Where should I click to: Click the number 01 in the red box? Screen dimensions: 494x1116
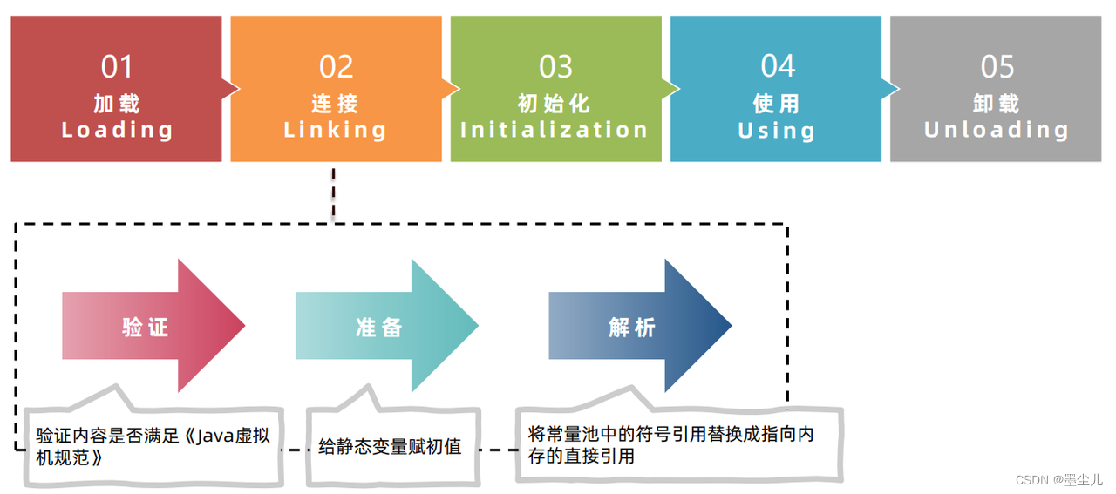point(117,67)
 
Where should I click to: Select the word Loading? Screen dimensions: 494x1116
point(117,131)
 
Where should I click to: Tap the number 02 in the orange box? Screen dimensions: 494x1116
point(336,67)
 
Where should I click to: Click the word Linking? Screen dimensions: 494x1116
point(336,131)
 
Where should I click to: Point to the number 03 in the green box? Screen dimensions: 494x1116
point(555,67)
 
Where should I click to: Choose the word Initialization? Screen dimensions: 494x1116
point(555,131)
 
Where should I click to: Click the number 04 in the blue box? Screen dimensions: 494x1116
point(777,67)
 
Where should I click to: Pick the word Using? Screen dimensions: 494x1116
point(777,131)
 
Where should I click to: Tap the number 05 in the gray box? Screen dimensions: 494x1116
point(997,67)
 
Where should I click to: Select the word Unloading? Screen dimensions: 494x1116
point(997,131)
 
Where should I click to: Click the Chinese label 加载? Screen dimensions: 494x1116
point(117,104)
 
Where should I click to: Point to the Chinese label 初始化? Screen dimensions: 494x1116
point(555,104)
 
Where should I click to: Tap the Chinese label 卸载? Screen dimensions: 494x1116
point(997,104)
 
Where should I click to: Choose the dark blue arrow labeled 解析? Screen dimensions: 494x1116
point(633,327)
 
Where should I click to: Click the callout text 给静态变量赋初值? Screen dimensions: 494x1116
point(390,447)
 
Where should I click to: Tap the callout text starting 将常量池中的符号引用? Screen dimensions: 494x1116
point(670,434)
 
